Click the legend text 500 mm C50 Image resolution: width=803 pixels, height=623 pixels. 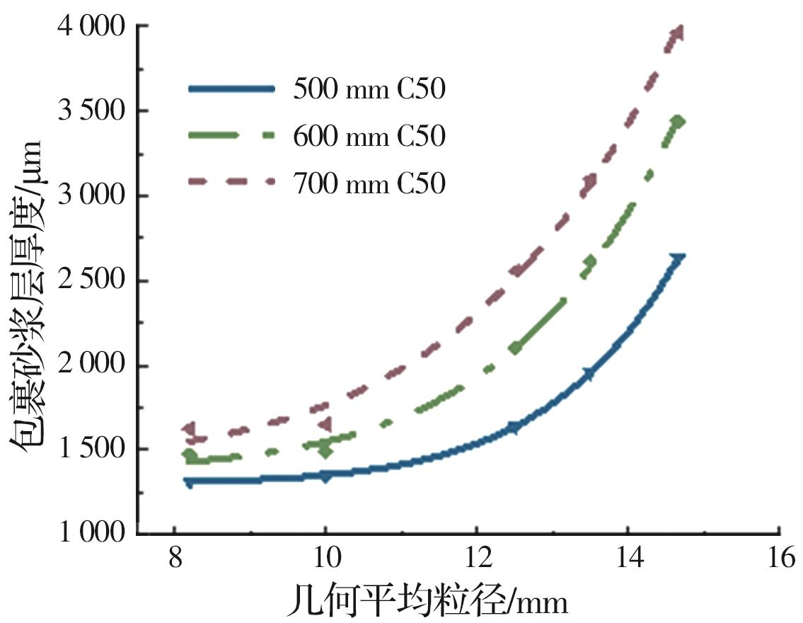pyautogui.click(x=369, y=90)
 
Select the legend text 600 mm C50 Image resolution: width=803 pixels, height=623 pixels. pyautogui.click(x=369, y=136)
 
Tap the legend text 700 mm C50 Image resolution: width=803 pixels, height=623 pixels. pyautogui.click(x=369, y=183)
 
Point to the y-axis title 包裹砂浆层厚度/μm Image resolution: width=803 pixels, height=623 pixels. pyautogui.click(x=26, y=292)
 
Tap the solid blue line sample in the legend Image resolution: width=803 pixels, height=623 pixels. pyautogui.click(x=231, y=88)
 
